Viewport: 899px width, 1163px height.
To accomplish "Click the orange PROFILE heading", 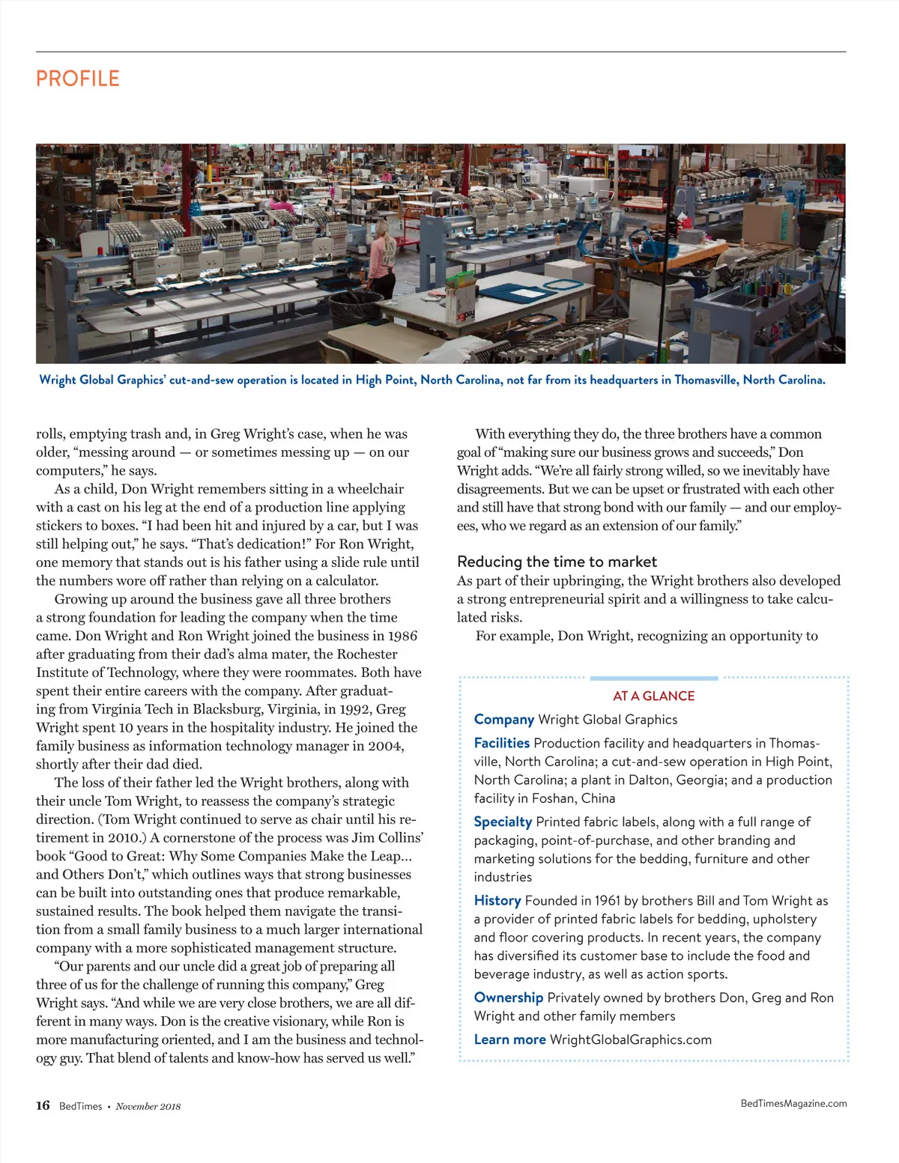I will pos(78,79).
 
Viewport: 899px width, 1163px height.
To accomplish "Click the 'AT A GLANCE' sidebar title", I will pos(653,696).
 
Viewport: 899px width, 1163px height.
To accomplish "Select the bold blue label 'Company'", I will pos(503,720).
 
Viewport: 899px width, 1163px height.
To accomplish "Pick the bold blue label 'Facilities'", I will pos(501,743).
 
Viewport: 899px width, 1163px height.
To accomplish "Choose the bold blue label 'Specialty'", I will pos(503,822).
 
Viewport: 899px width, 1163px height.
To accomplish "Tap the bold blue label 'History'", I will pos(497,900).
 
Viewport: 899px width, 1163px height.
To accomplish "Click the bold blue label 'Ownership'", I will pos(508,997).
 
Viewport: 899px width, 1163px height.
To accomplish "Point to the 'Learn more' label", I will pos(509,1039).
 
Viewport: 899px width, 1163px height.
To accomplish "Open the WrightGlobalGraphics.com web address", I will pos(631,1039).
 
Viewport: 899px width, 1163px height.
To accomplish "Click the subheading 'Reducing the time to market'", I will pos(557,562).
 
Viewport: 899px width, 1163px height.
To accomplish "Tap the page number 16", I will pos(43,1105).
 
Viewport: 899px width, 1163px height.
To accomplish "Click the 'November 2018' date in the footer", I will pos(148,1106).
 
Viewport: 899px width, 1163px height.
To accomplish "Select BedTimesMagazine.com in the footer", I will pos(793,1103).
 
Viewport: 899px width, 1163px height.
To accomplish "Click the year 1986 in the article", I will pos(402,636).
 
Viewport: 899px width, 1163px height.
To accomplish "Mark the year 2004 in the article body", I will pos(385,746).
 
